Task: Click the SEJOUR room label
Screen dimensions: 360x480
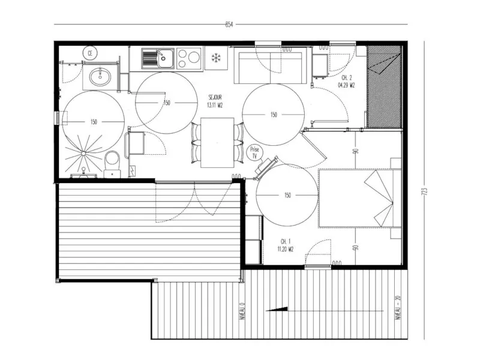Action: pyautogui.click(x=215, y=100)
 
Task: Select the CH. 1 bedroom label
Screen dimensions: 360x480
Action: pyautogui.click(x=285, y=245)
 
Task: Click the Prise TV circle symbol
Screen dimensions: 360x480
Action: pyautogui.click(x=254, y=152)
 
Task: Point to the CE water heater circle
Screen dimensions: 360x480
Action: pyautogui.click(x=91, y=53)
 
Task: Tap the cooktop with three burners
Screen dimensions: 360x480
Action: pyautogui.click(x=188, y=58)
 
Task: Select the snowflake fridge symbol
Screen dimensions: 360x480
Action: pyautogui.click(x=215, y=58)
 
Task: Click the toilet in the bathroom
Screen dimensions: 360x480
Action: pyautogui.click(x=112, y=161)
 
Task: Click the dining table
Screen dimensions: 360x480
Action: pyautogui.click(x=217, y=142)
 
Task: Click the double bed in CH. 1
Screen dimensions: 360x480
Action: pyautogui.click(x=359, y=198)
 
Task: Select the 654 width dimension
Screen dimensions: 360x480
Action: pyautogui.click(x=229, y=25)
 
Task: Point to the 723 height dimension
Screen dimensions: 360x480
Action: pyautogui.click(x=424, y=192)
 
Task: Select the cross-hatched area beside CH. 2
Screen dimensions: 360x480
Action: pyautogui.click(x=384, y=87)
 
